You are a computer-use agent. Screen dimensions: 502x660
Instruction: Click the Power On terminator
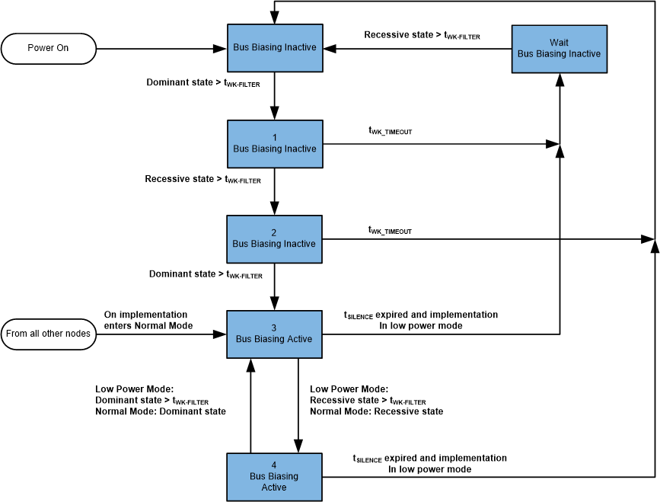(x=49, y=48)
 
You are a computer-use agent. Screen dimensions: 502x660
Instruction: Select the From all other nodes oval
(x=49, y=333)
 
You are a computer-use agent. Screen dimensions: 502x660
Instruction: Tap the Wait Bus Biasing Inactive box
(x=559, y=49)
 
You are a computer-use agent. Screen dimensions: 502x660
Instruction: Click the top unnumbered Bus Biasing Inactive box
(x=274, y=48)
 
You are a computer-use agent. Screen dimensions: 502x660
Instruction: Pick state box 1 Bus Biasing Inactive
(x=274, y=143)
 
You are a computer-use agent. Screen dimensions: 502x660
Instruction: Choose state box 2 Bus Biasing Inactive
(x=274, y=238)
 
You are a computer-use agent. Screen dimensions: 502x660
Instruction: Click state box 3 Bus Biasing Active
(x=274, y=334)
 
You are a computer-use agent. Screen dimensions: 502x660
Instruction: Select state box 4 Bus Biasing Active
(x=274, y=477)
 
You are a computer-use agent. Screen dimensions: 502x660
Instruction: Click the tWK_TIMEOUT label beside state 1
(x=391, y=131)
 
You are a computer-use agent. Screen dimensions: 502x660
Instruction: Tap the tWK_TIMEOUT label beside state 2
(x=391, y=230)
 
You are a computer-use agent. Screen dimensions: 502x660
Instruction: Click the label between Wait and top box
(x=422, y=35)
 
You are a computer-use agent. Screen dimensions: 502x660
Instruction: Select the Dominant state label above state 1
(x=203, y=82)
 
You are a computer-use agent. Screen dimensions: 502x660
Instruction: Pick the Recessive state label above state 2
(x=202, y=180)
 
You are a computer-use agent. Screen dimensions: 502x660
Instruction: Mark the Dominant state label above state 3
(x=205, y=274)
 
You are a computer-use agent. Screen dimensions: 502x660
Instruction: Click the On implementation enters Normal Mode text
(x=145, y=320)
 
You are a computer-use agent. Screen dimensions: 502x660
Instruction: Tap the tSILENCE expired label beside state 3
(x=421, y=320)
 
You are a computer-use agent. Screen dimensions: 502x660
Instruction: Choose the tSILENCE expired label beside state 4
(x=429, y=464)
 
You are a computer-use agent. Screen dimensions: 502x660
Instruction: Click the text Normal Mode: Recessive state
(x=376, y=411)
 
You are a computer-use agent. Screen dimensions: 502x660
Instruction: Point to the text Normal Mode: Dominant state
(x=161, y=411)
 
